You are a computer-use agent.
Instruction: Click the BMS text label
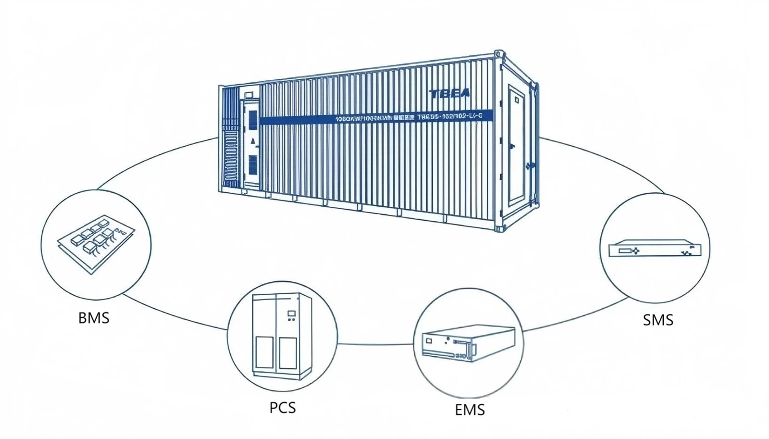(x=94, y=318)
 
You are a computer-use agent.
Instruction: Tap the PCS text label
(x=283, y=408)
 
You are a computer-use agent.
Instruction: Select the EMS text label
(x=470, y=410)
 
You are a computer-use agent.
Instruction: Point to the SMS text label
(x=658, y=320)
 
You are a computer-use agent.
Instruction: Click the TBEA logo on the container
(x=449, y=94)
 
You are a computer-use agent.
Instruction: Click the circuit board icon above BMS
(x=96, y=243)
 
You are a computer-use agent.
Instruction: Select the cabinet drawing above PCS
(x=282, y=336)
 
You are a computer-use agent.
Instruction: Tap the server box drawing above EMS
(x=469, y=343)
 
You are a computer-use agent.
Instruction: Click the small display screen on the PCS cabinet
(x=291, y=314)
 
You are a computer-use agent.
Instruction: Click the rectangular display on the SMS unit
(x=624, y=251)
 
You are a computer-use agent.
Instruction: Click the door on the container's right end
(x=516, y=144)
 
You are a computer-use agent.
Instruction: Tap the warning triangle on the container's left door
(x=253, y=141)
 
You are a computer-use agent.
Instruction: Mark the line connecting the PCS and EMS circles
(x=375, y=344)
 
